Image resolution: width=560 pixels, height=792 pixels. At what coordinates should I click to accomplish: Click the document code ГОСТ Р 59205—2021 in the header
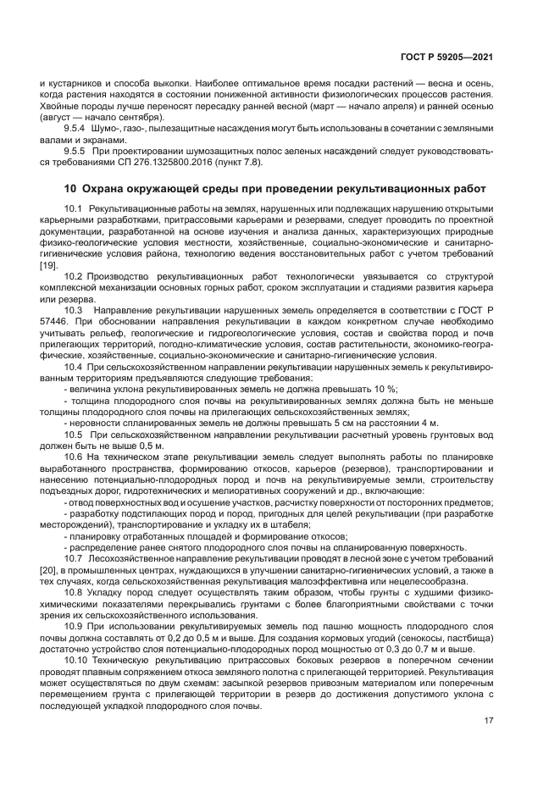447,57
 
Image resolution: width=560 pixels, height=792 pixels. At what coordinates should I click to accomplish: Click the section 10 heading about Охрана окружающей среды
275,187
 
